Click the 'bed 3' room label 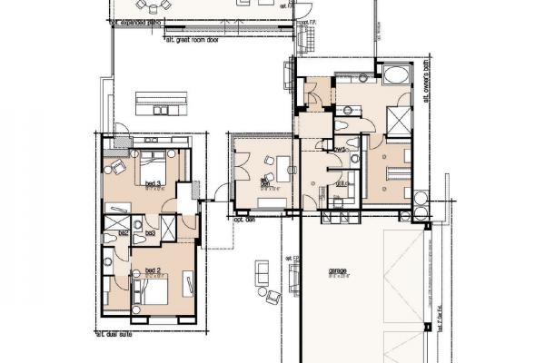pyautogui.click(x=153, y=183)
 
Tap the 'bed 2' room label pyautogui.click(x=153, y=271)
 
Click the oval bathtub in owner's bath pyautogui.click(x=396, y=74)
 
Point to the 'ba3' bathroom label pyautogui.click(x=150, y=233)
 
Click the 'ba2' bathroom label pyautogui.click(x=122, y=233)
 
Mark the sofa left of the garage pyautogui.click(x=263, y=270)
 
